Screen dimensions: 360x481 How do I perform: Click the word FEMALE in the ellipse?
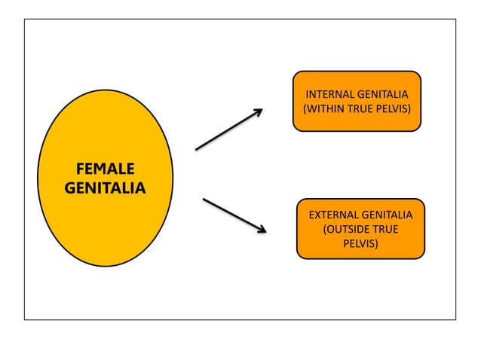click(x=105, y=168)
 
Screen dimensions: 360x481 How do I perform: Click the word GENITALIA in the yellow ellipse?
click(x=105, y=188)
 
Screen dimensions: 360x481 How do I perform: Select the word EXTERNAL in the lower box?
click(x=334, y=215)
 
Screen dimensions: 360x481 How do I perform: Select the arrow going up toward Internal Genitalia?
click(x=228, y=130)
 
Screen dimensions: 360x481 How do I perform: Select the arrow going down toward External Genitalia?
click(x=233, y=215)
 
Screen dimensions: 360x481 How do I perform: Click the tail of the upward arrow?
click(x=198, y=148)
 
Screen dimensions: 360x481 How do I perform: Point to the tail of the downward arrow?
click(x=205, y=200)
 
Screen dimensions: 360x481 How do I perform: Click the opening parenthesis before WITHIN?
click(x=305, y=108)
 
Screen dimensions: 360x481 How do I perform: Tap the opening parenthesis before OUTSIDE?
click(x=325, y=230)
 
